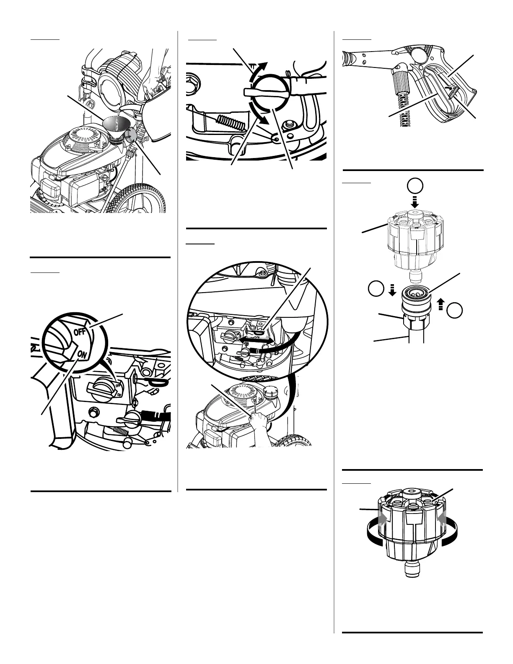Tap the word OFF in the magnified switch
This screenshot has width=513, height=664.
point(80,332)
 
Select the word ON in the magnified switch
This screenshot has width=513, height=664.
point(82,355)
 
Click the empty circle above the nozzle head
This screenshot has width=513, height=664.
point(415,186)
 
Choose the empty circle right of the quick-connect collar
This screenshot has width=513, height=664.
point(454,311)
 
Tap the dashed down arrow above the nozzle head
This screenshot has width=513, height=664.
point(415,202)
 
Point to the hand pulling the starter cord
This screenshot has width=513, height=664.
point(259,421)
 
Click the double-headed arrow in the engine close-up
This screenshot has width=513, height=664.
point(255,340)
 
